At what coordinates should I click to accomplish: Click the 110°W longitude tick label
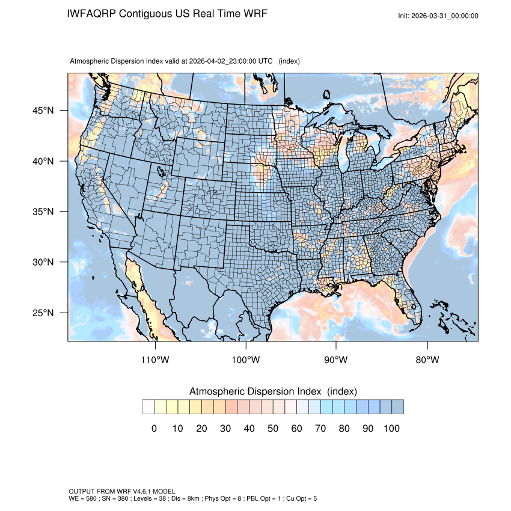coord(156,360)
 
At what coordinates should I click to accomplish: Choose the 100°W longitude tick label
coord(246,360)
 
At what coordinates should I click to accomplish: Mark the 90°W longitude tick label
coord(336,360)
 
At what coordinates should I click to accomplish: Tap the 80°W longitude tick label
coord(427,360)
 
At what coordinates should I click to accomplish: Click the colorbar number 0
coord(154,429)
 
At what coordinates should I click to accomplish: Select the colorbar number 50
coord(273,429)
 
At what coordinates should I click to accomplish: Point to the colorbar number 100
coord(391,429)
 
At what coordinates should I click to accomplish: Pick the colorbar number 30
coord(225,429)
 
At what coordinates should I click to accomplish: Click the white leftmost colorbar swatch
coord(148,407)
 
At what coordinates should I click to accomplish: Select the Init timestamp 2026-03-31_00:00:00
coord(445,16)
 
